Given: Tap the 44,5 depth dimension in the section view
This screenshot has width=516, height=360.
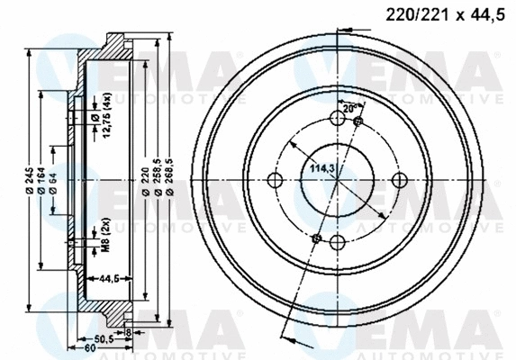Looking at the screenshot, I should click(112, 279).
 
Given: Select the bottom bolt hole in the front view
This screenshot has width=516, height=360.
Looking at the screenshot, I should click(337, 242).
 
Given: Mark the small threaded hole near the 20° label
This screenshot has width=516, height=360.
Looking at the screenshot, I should click(358, 121).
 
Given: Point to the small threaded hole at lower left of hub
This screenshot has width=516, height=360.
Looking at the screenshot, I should click(315, 238).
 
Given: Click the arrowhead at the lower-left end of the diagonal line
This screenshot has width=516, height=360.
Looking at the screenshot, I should click(286, 337).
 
